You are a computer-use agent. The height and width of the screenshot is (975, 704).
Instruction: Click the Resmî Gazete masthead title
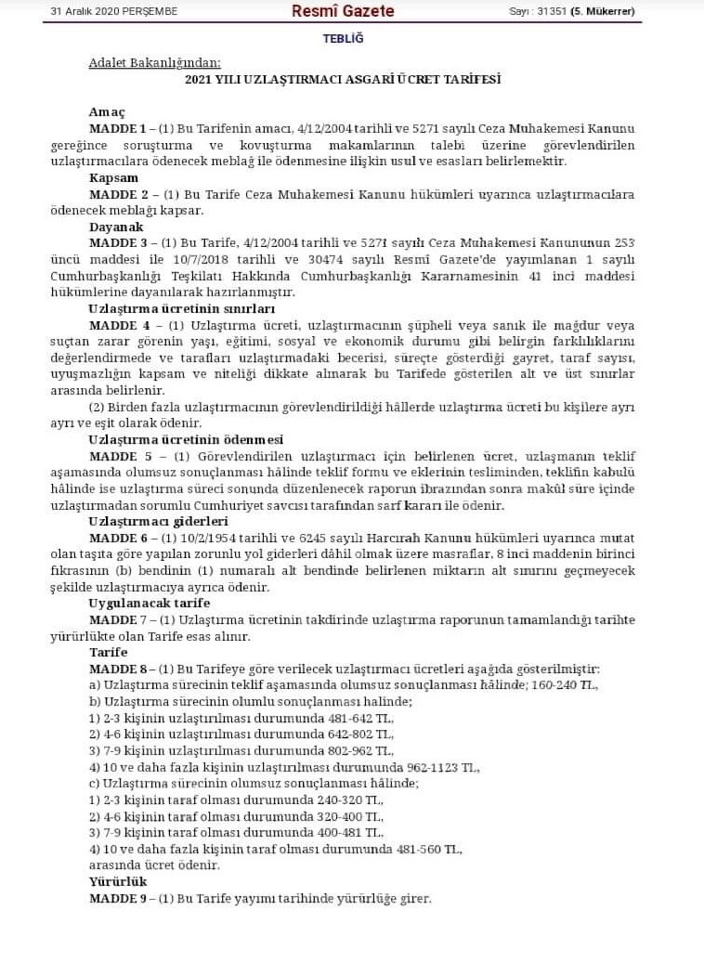pyautogui.click(x=342, y=11)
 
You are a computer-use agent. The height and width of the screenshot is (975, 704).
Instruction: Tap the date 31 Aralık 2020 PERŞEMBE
pyautogui.click(x=114, y=12)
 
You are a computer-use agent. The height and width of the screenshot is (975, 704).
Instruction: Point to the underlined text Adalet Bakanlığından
pyautogui.click(x=154, y=63)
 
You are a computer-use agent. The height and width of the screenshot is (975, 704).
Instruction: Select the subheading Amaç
pyautogui.click(x=107, y=111)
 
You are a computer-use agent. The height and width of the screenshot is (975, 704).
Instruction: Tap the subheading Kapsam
pyautogui.click(x=113, y=177)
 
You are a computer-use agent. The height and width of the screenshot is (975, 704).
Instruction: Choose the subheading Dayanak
pyautogui.click(x=116, y=227)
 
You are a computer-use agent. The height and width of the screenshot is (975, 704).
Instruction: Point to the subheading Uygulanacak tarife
pyautogui.click(x=149, y=604)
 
